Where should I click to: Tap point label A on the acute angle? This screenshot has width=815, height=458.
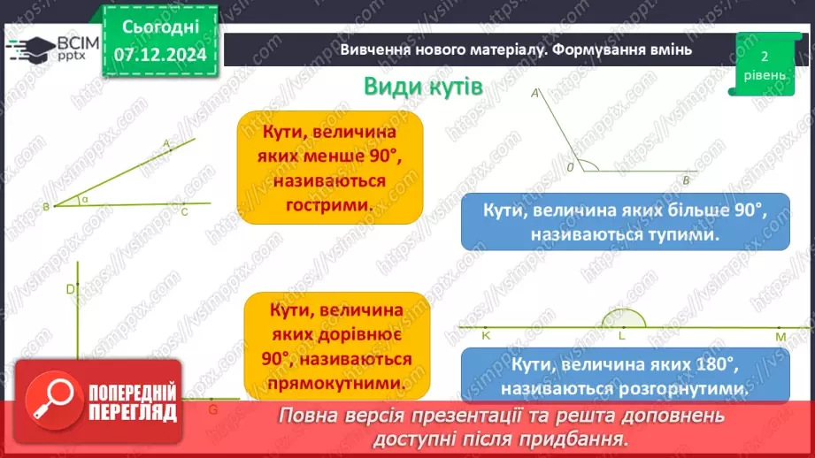click(x=166, y=142)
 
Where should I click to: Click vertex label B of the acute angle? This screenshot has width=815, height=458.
click(x=45, y=207)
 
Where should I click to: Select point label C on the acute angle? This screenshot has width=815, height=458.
click(x=184, y=212)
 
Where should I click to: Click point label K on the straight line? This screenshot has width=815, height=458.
click(x=486, y=336)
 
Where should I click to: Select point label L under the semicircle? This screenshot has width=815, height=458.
click(x=622, y=336)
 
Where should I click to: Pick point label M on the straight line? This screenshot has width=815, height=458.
click(x=780, y=337)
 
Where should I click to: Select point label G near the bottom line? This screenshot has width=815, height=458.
click(x=212, y=410)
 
